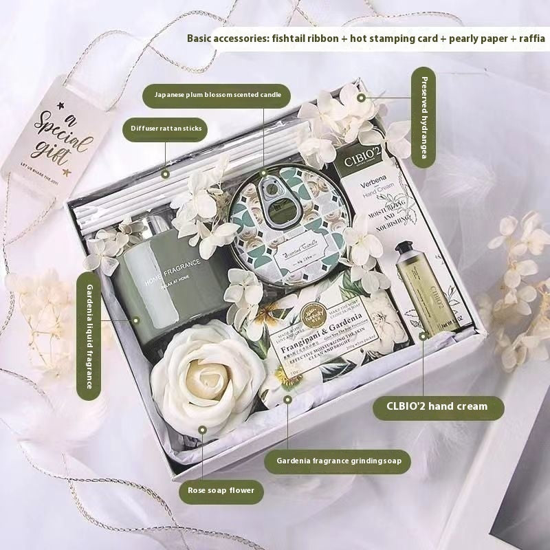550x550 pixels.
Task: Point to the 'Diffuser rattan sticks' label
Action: pyautogui.click(x=165, y=127)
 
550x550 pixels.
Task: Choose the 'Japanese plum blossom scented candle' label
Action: pyautogui.click(x=217, y=95)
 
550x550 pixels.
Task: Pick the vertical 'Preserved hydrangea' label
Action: pyautogui.click(x=423, y=117)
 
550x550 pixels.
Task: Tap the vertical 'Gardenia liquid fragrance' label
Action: pyautogui.click(x=89, y=335)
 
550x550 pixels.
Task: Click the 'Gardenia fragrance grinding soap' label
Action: pyautogui.click(x=338, y=460)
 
